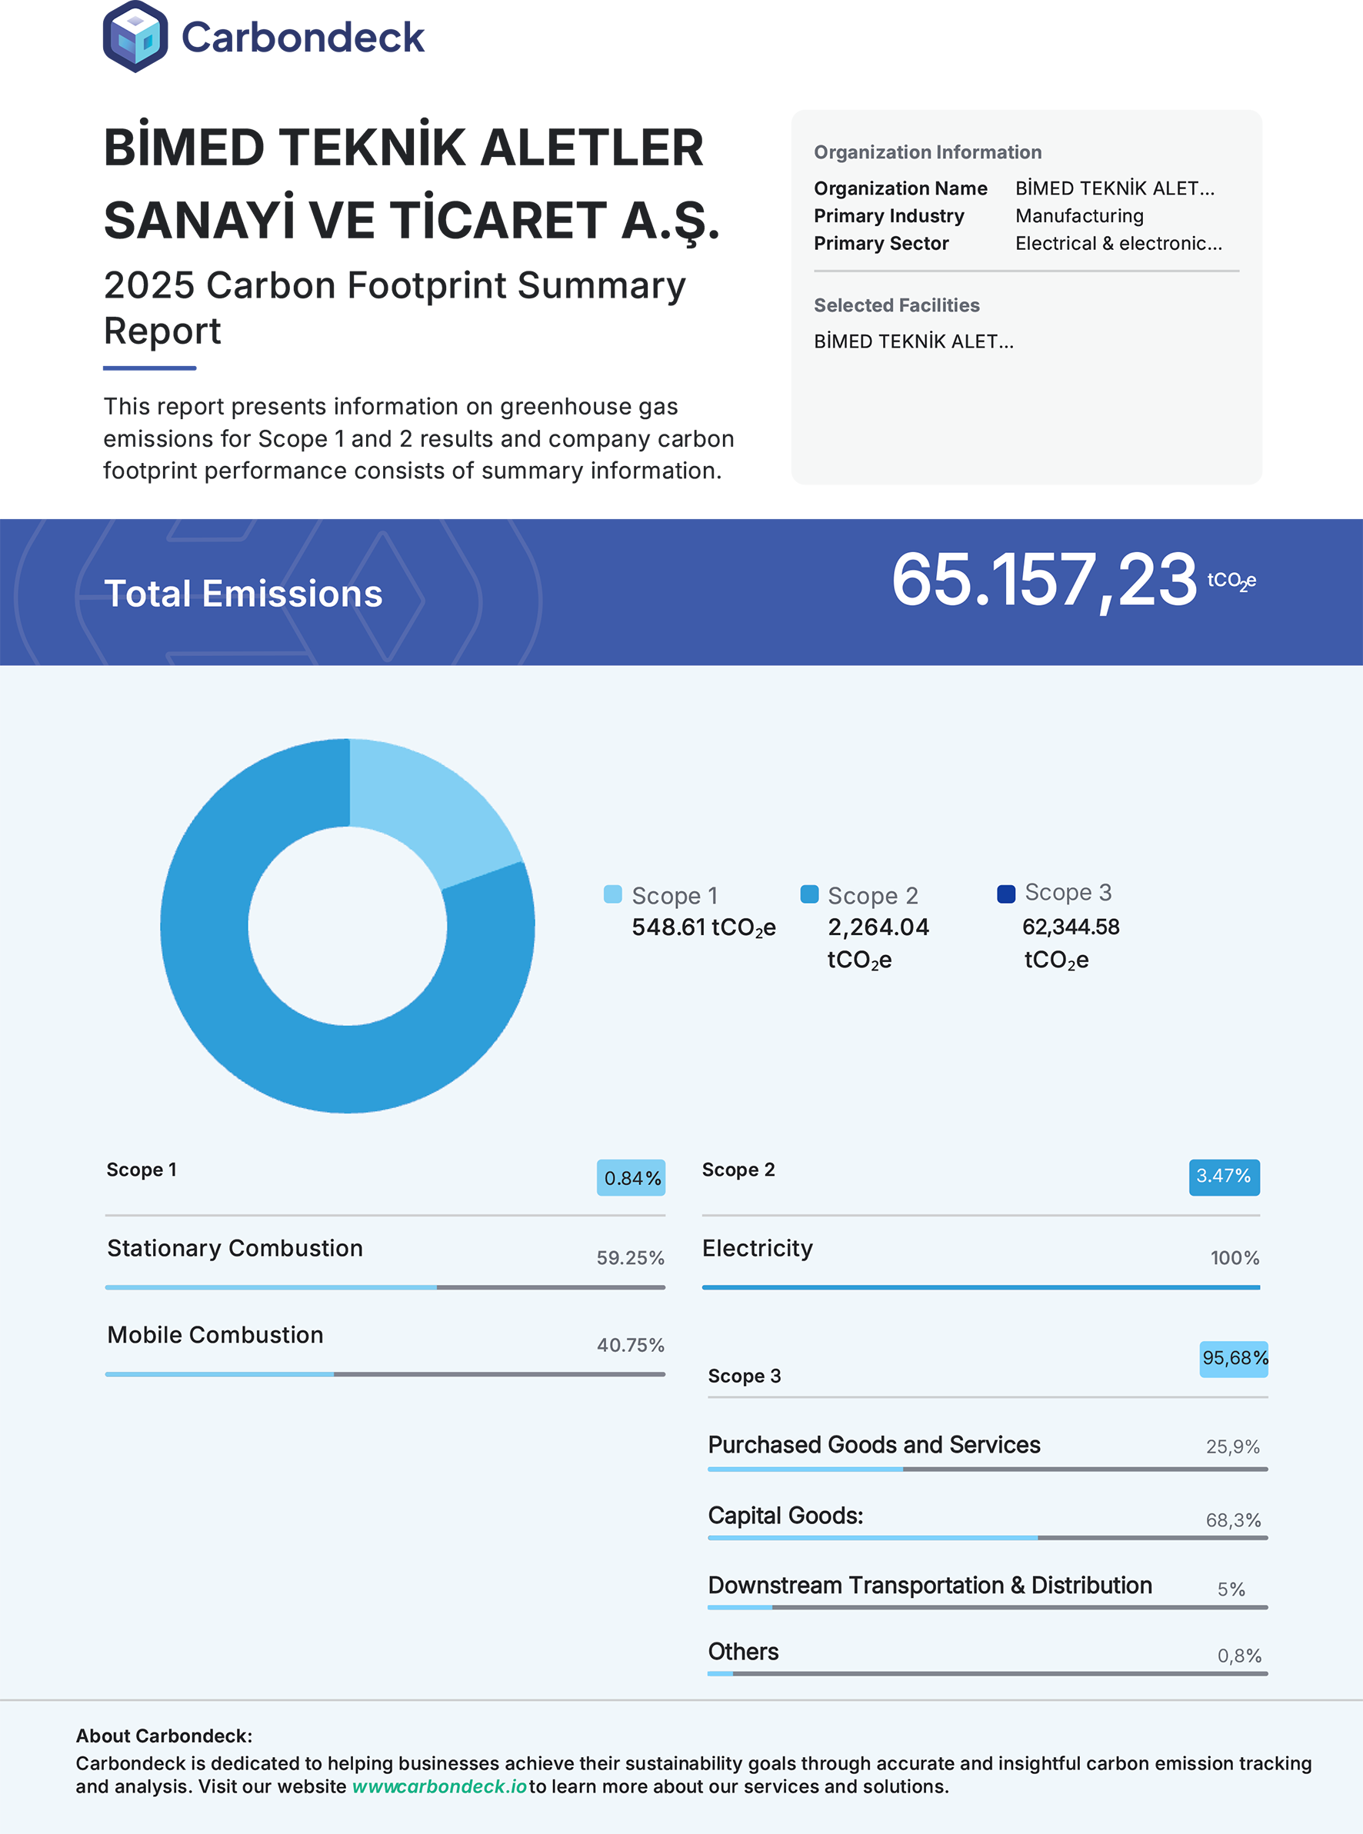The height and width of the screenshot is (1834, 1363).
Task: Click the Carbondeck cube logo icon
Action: pyautogui.click(x=135, y=36)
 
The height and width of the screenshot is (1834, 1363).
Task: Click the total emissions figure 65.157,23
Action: pyautogui.click(x=1044, y=581)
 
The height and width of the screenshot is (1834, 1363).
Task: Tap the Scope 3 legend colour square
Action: pyautogui.click(x=1006, y=894)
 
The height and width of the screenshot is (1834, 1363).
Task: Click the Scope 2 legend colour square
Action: pyautogui.click(x=809, y=894)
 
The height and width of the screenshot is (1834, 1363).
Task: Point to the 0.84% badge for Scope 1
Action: pyautogui.click(x=632, y=1177)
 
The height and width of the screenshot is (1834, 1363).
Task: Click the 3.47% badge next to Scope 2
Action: pyautogui.click(x=1225, y=1177)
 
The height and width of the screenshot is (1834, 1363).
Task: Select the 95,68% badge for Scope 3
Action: pyautogui.click(x=1235, y=1358)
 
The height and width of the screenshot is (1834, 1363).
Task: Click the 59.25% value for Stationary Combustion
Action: pyautogui.click(x=630, y=1257)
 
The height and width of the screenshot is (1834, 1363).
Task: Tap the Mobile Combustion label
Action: pyautogui.click(x=215, y=1334)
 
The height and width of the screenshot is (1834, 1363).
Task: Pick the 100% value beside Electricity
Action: pyautogui.click(x=1235, y=1257)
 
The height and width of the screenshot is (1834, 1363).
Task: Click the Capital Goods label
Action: pyautogui.click(x=785, y=1516)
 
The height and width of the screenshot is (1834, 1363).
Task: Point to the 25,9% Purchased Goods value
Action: pyautogui.click(x=1234, y=1446)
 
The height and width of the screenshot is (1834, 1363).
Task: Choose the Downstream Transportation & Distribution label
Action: pyautogui.click(x=930, y=1585)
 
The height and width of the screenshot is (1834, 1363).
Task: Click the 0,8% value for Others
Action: pyautogui.click(x=1240, y=1656)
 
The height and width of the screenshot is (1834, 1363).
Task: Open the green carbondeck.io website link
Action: pyautogui.click(x=440, y=1786)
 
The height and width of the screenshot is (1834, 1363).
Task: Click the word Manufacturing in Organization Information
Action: pyautogui.click(x=1080, y=216)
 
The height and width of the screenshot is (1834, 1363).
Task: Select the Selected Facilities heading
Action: pyautogui.click(x=897, y=305)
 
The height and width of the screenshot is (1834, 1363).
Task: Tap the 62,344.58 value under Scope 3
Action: pyautogui.click(x=1071, y=927)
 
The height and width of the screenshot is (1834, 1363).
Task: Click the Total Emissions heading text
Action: pyautogui.click(x=243, y=594)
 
